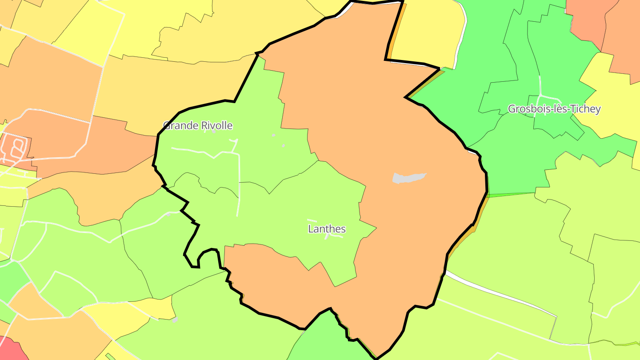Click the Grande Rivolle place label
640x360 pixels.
coord(198,125)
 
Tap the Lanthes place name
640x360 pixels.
coord(327,229)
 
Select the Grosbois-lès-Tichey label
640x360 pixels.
coord(554,109)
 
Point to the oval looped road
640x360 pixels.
coord(17,148)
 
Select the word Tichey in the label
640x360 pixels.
coord(586,109)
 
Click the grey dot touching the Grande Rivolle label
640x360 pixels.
coord(214,132)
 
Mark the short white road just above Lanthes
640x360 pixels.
coord(312,220)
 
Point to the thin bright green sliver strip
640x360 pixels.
coord(511,195)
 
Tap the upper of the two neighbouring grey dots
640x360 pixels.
coord(273,135)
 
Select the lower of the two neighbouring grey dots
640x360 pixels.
coord(284,145)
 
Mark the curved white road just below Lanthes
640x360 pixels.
coord(334,236)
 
